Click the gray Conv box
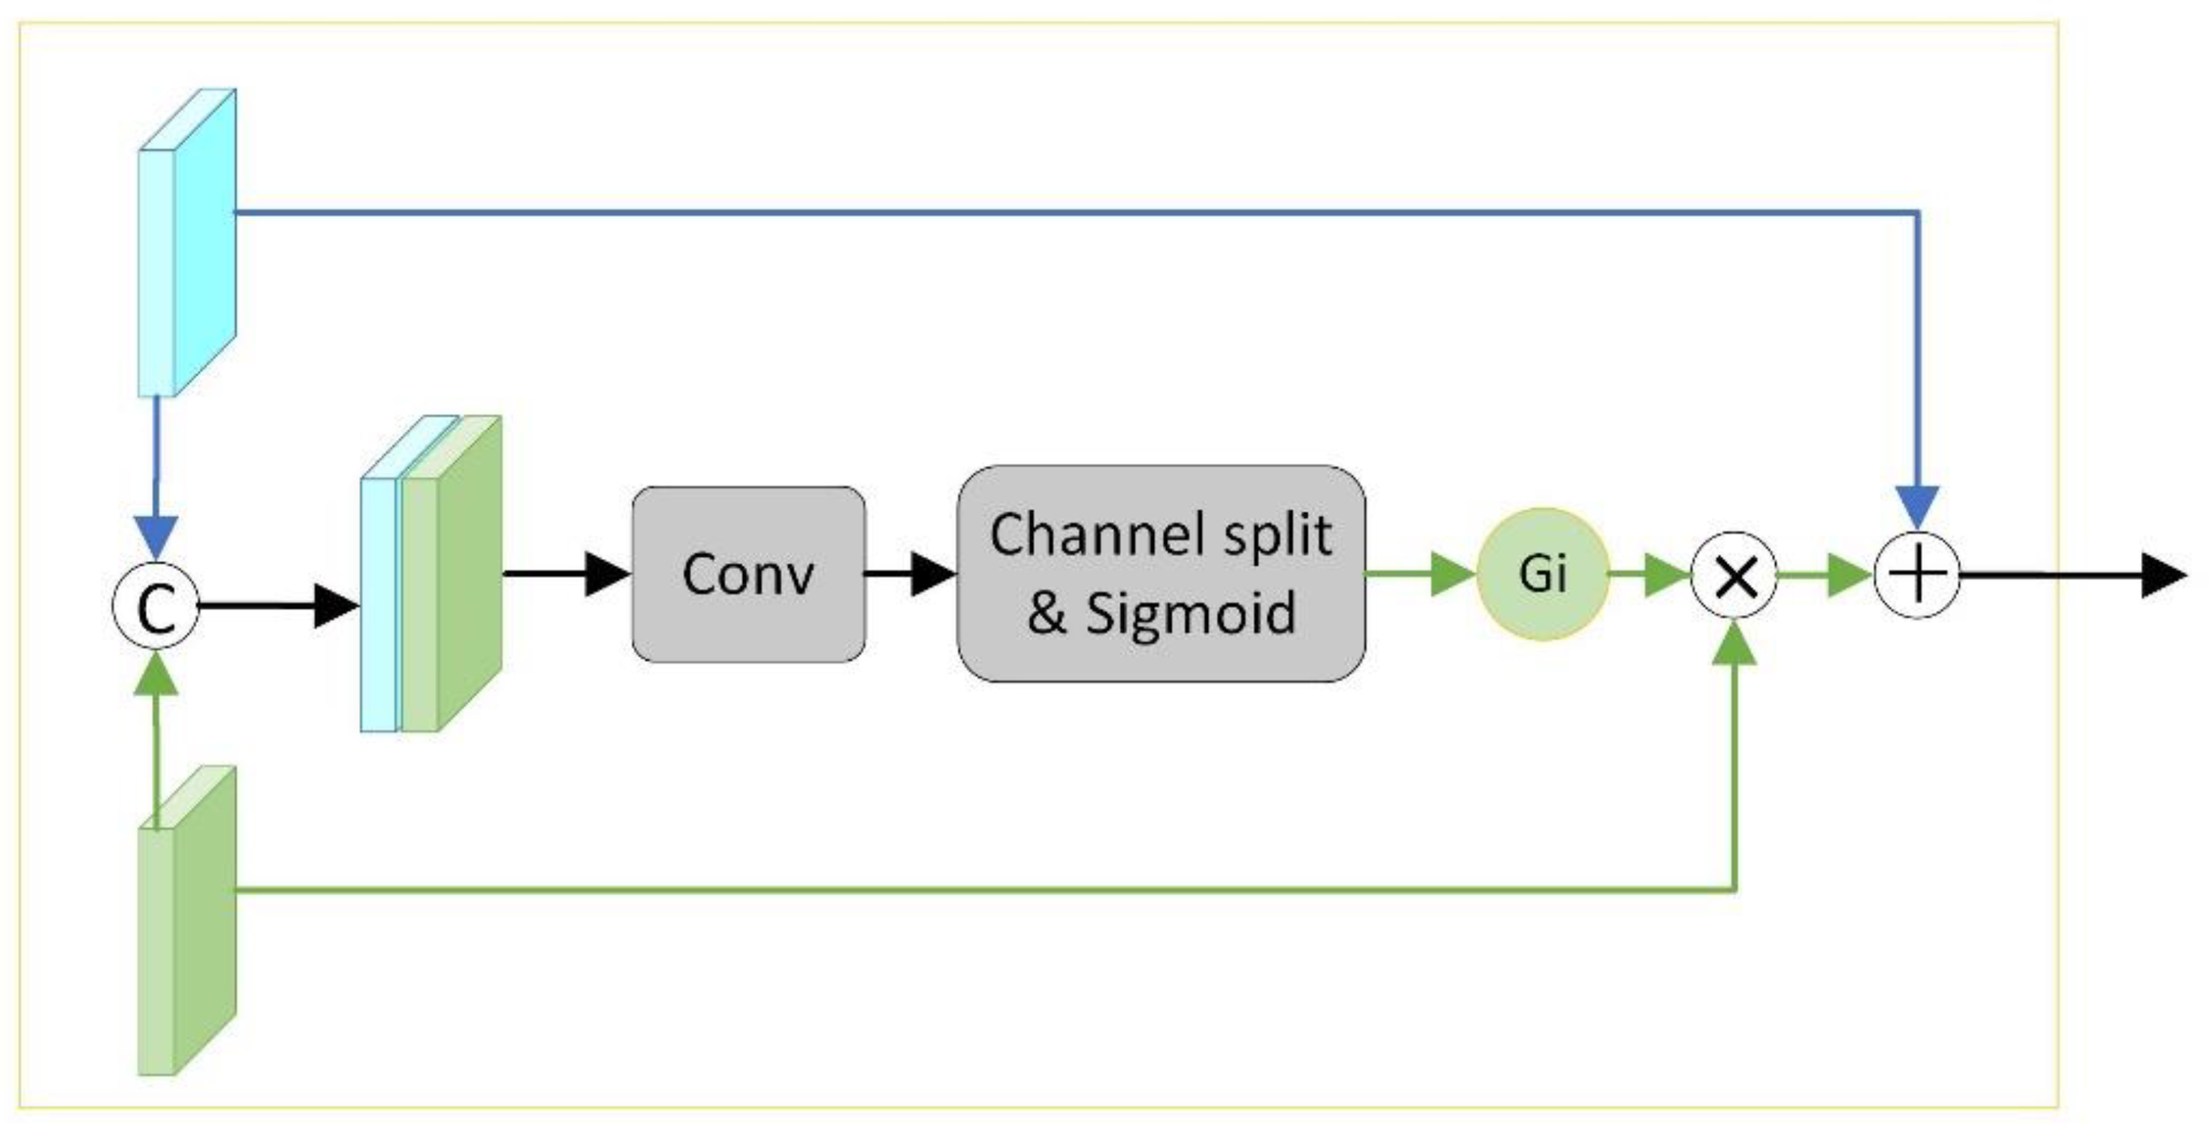point(748,574)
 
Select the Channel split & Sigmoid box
point(1160,574)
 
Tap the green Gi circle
point(1542,574)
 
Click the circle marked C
point(156,605)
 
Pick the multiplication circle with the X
point(1735,576)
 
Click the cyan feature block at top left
point(187,243)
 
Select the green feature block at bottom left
point(187,921)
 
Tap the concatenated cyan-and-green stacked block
point(430,574)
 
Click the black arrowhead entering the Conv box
point(608,574)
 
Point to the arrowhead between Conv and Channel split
point(932,574)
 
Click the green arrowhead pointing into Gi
point(1452,574)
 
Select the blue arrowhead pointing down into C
point(156,537)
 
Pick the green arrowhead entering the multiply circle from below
point(1735,646)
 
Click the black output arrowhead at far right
point(2164,575)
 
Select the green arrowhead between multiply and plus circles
point(1849,575)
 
